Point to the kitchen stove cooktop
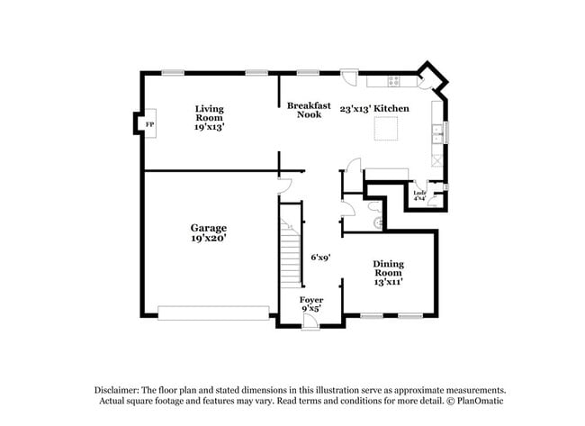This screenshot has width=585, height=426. click(x=394, y=81)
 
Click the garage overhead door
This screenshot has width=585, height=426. click(x=213, y=312)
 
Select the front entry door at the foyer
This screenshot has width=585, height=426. click(x=310, y=321)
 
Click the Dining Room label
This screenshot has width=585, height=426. click(x=389, y=268)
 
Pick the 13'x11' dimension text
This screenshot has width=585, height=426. click(x=389, y=282)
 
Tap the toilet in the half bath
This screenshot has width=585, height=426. click(x=378, y=221)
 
